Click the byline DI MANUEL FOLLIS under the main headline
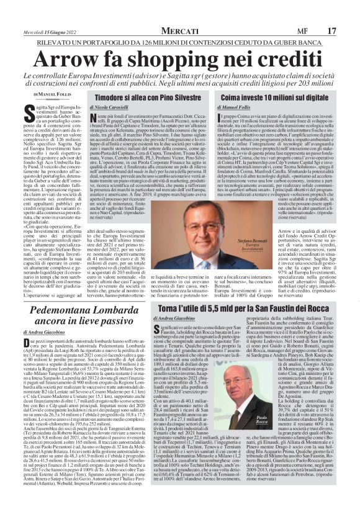tap(58, 94)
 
